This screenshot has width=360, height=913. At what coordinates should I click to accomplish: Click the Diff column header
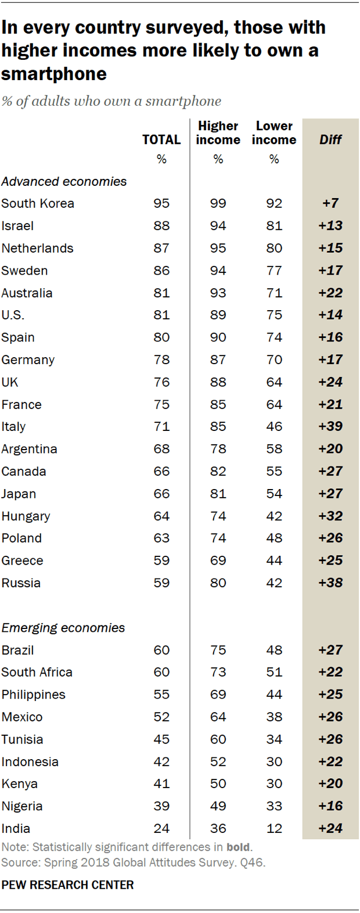coord(330,139)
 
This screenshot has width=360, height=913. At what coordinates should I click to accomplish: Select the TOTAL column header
coord(161,139)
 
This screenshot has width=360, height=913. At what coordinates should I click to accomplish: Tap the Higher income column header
coord(218,133)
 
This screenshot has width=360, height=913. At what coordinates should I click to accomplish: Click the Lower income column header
coord(274,133)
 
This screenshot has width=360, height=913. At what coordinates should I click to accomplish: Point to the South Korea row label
coord(38,203)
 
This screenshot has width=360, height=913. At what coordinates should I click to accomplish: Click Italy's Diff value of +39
coord(330,426)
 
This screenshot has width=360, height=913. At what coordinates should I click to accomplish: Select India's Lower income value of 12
coord(274,828)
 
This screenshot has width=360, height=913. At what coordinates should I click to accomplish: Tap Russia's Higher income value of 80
coord(218,583)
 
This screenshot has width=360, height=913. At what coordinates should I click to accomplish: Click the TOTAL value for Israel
coord(161,226)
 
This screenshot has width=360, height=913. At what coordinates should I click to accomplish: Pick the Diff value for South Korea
coord(330,203)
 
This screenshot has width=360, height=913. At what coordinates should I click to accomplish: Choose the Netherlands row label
coord(38,248)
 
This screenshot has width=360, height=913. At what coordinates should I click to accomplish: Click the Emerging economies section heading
coord(63,628)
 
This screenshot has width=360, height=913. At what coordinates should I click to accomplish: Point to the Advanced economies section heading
coord(64,181)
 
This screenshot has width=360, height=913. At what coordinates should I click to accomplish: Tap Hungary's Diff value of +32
coord(330,516)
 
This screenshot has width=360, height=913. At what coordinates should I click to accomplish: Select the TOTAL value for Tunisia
coord(161,739)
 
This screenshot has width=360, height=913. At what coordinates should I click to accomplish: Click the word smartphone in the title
coord(54,74)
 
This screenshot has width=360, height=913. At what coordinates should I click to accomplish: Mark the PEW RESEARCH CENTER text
coord(67,885)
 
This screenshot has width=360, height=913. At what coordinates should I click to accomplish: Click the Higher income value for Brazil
coord(218,650)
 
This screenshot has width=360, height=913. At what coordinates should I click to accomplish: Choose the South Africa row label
coord(37,673)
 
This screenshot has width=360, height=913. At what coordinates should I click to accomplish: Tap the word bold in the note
coord(239,847)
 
